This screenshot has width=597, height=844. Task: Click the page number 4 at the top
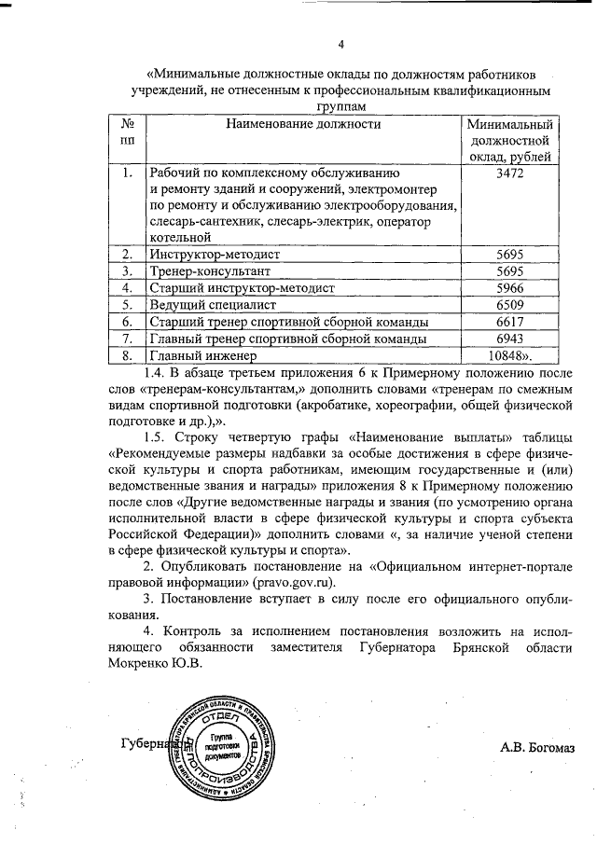[x=340, y=44]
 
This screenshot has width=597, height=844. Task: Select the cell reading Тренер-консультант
[x=210, y=270]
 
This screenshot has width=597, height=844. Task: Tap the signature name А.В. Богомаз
[x=538, y=745]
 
